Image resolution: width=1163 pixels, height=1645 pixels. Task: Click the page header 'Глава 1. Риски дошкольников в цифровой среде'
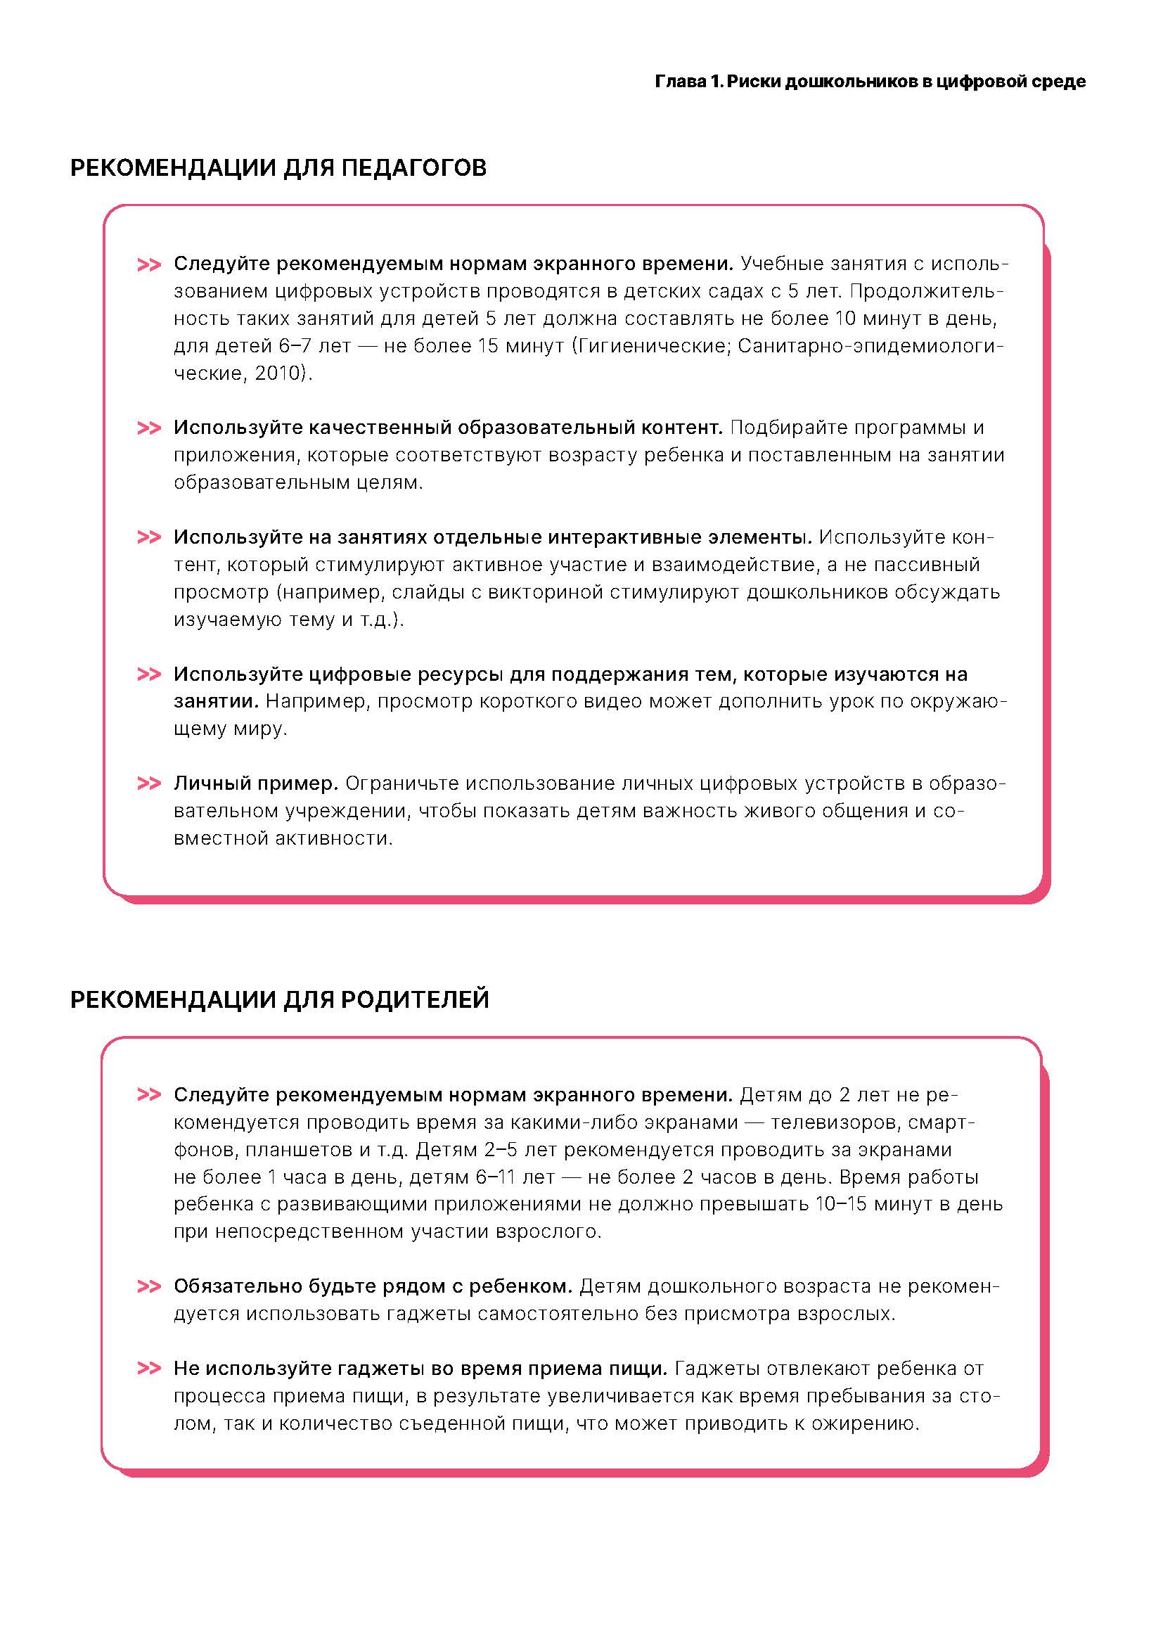point(869,82)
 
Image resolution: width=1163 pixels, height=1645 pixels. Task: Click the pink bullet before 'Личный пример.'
point(149,783)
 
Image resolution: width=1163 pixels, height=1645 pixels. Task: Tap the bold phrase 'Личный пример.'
point(256,783)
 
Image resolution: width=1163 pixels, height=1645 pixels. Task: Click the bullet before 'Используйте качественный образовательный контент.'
point(149,428)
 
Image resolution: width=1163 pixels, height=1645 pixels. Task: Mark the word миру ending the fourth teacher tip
point(261,729)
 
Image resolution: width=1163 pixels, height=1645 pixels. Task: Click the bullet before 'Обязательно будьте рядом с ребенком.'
point(149,1287)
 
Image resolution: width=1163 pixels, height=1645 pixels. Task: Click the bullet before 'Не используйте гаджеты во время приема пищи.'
point(149,1369)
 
